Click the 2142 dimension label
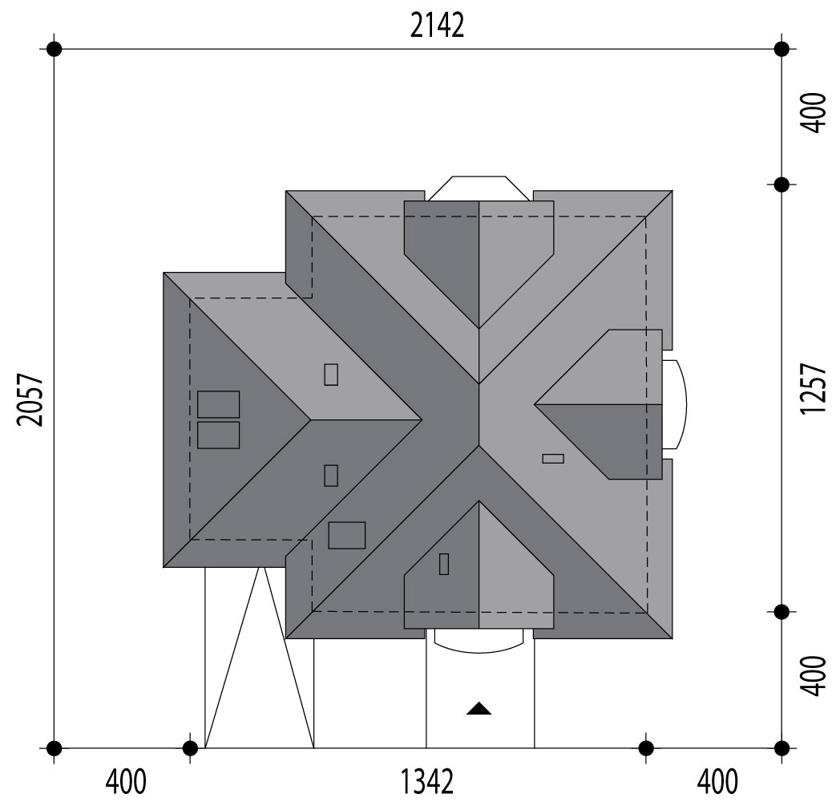[437, 26]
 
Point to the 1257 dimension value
[813, 388]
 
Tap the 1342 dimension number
[427, 781]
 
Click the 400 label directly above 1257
[813, 112]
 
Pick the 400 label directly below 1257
[813, 676]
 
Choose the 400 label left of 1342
[126, 781]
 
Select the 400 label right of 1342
[717, 781]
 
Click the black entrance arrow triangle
[479, 708]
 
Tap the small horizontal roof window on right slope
[553, 458]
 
